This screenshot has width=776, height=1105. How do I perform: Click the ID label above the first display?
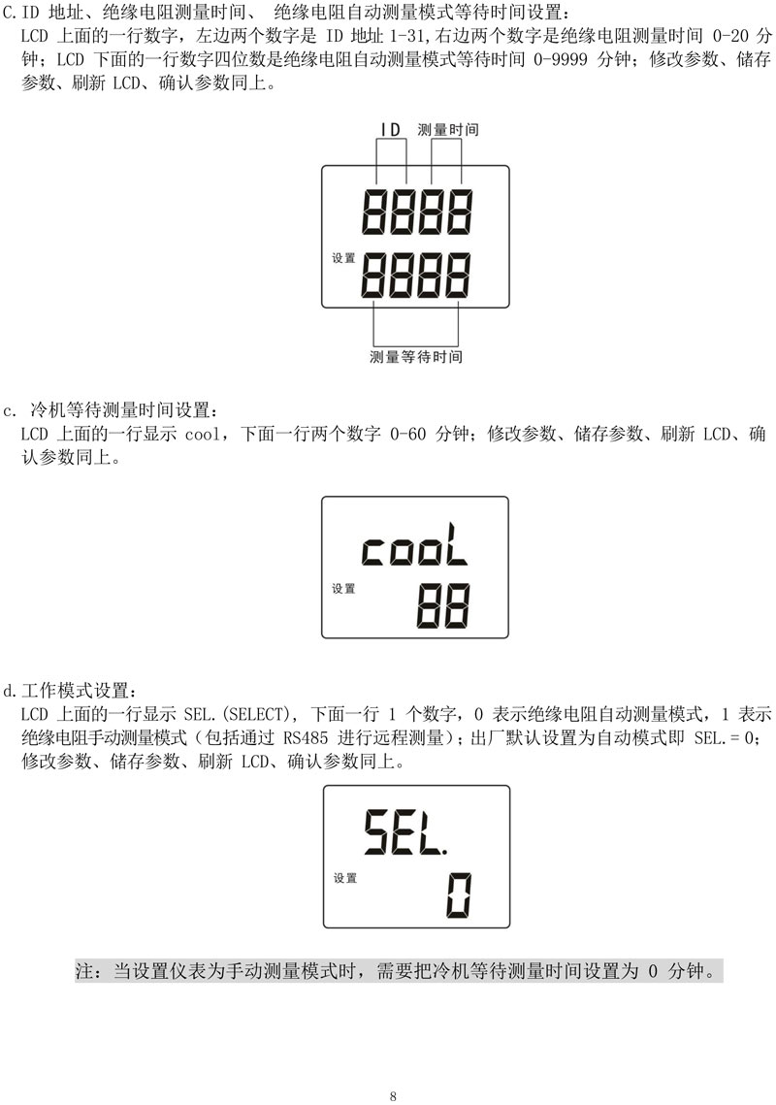(391, 130)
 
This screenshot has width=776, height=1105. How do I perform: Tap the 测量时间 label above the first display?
(448, 130)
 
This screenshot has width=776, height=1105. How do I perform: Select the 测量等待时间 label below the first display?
(416, 357)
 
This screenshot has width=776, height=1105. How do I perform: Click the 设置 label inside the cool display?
(344, 589)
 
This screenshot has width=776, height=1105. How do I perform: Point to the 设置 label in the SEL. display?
(345, 878)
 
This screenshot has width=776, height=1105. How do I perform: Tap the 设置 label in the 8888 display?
(344, 258)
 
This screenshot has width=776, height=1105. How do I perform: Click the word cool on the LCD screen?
(414, 545)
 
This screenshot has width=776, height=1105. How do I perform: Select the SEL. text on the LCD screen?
(405, 832)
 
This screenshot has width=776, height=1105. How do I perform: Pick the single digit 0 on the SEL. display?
(459, 895)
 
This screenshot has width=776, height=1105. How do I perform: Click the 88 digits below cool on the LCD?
(442, 606)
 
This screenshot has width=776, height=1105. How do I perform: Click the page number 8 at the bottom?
(393, 1096)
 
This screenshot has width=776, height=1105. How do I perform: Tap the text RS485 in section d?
(306, 738)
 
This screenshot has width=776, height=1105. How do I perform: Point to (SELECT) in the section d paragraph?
(254, 714)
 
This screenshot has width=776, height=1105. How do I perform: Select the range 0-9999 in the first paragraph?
(561, 59)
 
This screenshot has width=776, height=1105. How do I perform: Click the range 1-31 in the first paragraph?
(407, 35)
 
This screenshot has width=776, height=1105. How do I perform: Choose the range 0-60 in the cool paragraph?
(408, 434)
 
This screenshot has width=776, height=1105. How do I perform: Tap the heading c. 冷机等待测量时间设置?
(112, 410)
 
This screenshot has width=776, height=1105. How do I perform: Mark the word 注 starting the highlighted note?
(84, 970)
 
